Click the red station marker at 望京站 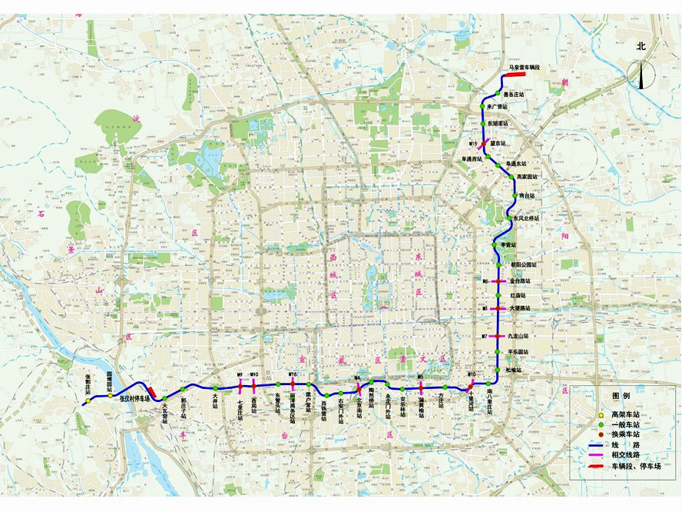[485, 143]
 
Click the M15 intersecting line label [474, 144]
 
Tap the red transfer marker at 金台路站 [498, 281]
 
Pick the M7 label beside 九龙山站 [485, 337]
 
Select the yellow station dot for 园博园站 [110, 397]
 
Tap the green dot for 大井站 [215, 388]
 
